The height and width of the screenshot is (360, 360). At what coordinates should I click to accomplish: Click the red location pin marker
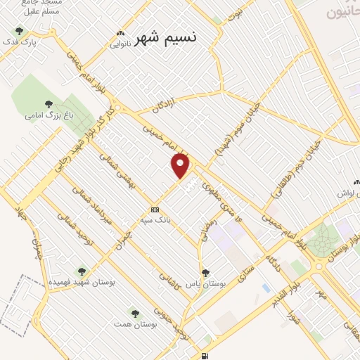click(181, 165)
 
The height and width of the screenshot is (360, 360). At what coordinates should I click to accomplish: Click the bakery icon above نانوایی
click(121, 34)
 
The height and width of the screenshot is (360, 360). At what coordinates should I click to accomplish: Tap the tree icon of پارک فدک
click(19, 31)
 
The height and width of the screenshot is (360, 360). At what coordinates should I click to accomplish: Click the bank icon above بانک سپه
click(155, 210)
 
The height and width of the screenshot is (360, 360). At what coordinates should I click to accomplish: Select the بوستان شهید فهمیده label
click(82, 282)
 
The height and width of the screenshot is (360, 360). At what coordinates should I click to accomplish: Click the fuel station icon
click(205, 356)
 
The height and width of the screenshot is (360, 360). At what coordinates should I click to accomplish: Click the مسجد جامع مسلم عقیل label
click(42, 7)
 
